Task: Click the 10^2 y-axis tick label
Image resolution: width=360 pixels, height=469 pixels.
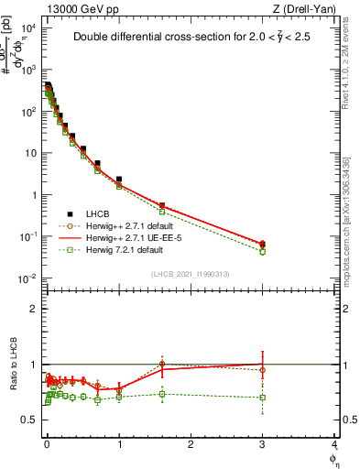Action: tap(29, 111)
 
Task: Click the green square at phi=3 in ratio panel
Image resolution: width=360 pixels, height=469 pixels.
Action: tap(263, 398)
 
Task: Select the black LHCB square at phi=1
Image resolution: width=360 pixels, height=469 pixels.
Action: tap(119, 180)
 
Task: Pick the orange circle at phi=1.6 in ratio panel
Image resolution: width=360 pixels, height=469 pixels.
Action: tap(162, 364)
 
